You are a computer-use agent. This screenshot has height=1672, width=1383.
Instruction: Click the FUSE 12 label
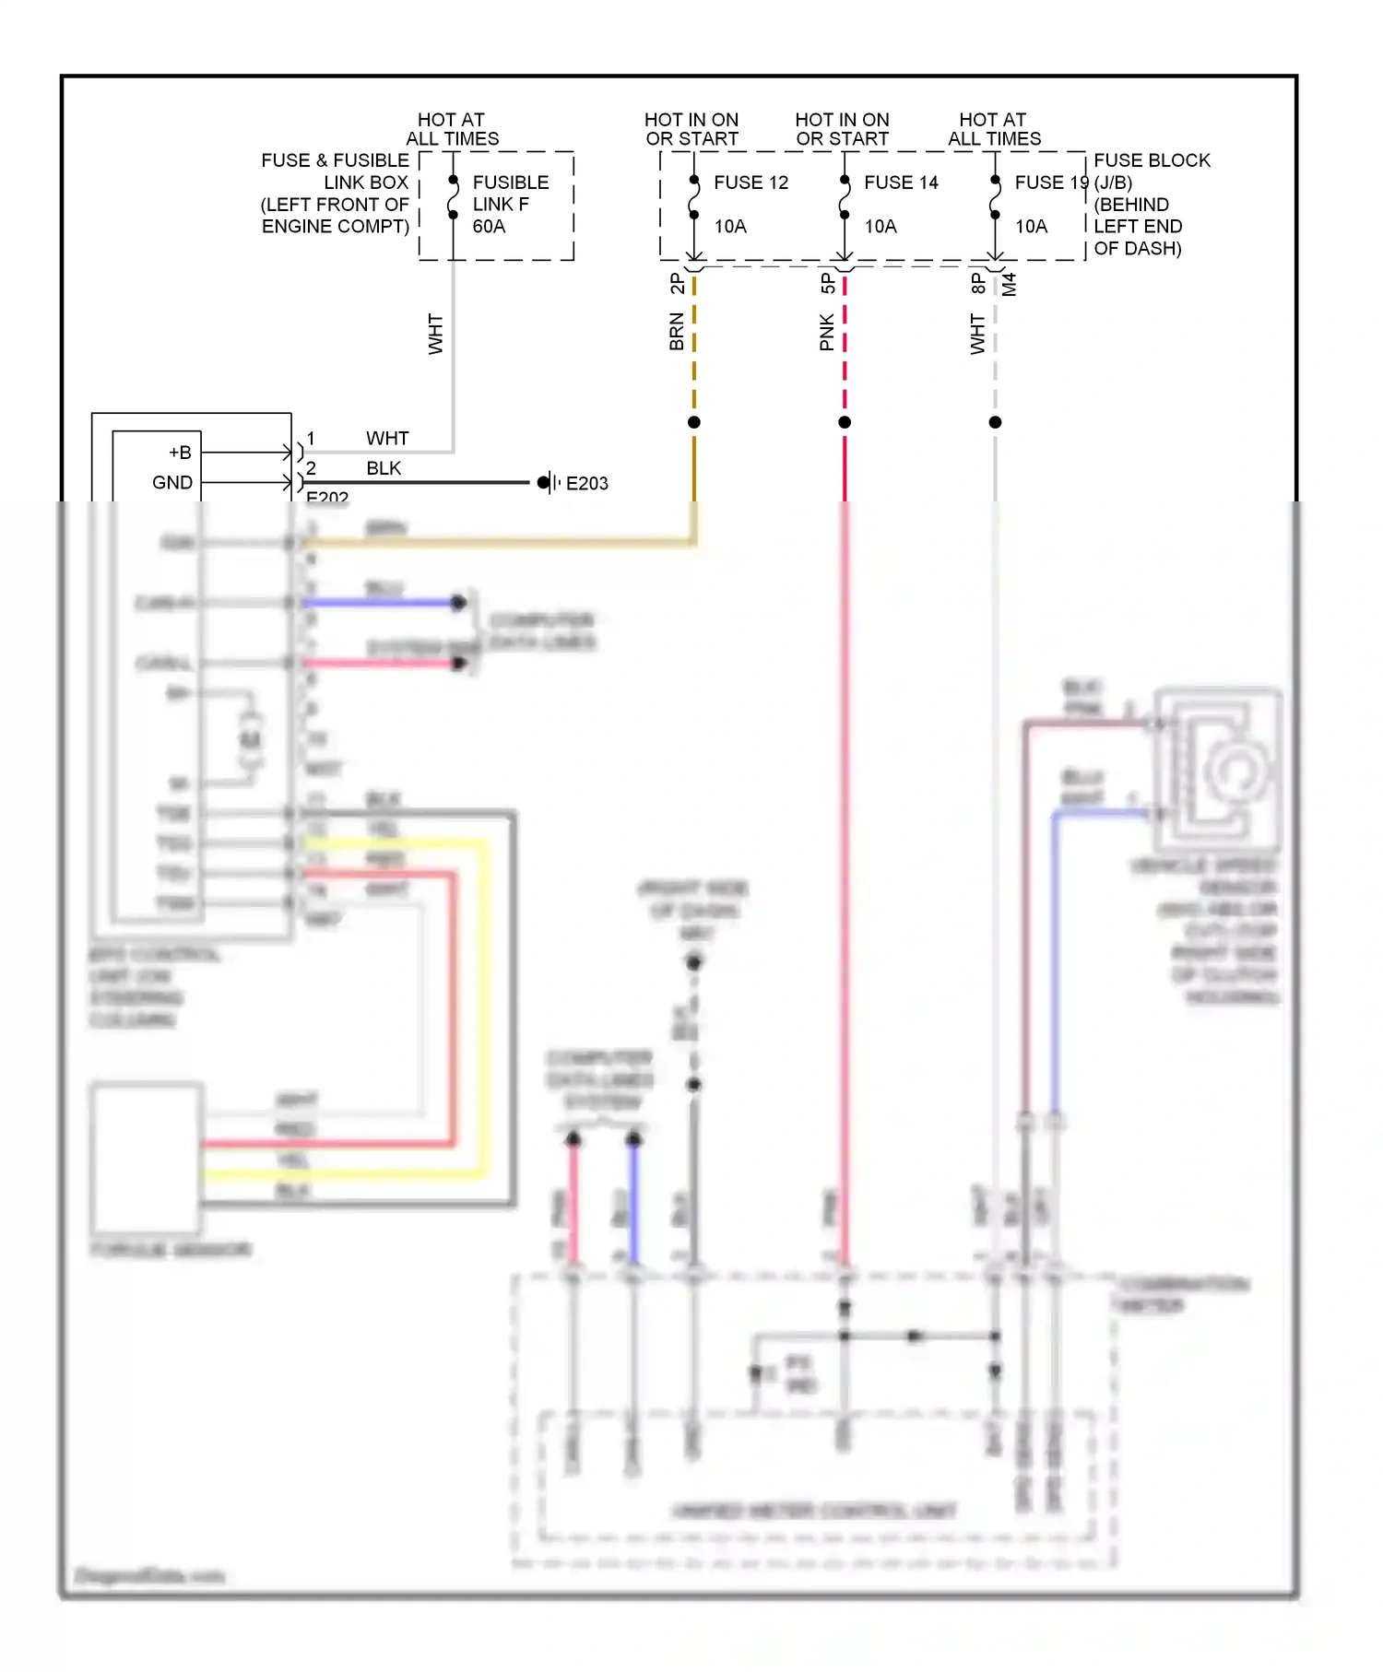click(751, 183)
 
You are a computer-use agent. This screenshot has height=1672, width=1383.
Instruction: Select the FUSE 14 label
click(901, 183)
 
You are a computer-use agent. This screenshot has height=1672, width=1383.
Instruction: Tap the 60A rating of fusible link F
click(489, 227)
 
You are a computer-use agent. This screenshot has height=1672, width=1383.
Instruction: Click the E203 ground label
click(586, 483)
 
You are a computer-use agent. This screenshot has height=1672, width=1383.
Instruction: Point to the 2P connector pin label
click(677, 284)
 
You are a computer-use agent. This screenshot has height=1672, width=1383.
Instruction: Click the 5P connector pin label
click(827, 284)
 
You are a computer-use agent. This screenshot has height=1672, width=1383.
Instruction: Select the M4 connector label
click(1010, 284)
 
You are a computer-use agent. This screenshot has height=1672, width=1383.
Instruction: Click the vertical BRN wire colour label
click(677, 332)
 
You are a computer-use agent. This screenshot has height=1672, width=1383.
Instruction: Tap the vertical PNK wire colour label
click(827, 332)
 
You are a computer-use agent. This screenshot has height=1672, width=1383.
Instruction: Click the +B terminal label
click(180, 453)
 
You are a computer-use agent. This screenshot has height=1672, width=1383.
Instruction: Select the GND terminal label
click(172, 482)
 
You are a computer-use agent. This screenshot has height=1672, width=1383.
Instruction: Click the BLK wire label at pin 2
click(384, 468)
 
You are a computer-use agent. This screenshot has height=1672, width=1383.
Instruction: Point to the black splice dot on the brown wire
click(694, 422)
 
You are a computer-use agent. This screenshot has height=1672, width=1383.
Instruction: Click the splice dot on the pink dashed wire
click(845, 422)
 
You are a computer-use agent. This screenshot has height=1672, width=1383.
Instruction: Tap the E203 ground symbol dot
click(544, 482)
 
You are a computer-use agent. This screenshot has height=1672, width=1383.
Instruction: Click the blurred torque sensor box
click(147, 1158)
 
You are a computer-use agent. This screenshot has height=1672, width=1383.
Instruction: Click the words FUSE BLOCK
click(1152, 160)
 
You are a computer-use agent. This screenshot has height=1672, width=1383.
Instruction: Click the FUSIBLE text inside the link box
click(511, 183)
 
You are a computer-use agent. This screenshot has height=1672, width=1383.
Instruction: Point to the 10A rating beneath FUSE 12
click(730, 227)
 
